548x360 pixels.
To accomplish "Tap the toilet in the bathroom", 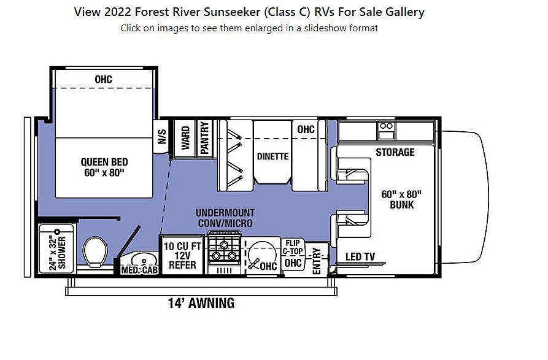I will [x=95, y=251].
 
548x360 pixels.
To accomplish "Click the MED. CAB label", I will [x=139, y=270].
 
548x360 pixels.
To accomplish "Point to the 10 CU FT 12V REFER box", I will [x=180, y=255].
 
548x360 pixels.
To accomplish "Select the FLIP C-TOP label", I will [x=293, y=247].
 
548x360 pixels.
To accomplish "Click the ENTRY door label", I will [x=317, y=259].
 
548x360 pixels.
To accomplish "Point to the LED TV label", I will [x=361, y=256].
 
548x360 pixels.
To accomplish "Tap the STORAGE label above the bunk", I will [x=395, y=152].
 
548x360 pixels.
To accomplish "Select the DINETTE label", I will [x=272, y=156].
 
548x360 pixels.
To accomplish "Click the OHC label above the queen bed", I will [x=104, y=80].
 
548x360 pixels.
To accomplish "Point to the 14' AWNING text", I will [x=201, y=303].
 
